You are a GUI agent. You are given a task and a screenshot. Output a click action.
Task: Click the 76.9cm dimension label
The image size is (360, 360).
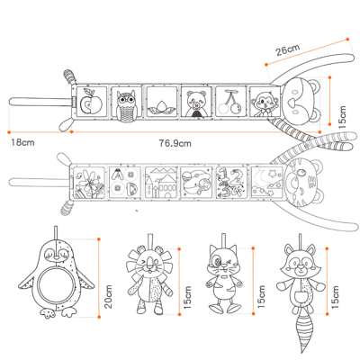pos(175,143)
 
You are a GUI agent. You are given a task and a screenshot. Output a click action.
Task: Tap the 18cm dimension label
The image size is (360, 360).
pos(22,142)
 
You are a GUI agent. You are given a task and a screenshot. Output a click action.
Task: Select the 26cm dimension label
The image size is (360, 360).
pos(288,49)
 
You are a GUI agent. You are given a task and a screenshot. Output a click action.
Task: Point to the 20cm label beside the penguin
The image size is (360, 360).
pos(108,296)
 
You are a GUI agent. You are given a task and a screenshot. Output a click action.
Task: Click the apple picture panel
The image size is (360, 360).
pos(92,102)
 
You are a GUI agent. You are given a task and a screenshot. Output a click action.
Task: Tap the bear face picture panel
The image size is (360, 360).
pos(196,102)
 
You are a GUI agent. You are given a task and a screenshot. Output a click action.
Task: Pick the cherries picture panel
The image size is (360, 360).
pos(230,102)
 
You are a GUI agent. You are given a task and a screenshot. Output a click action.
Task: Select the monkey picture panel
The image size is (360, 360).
pos(264,102)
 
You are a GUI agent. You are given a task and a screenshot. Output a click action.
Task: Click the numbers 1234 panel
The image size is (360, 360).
pos(231,182)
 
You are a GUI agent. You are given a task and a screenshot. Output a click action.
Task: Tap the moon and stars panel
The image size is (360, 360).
pos(266,182)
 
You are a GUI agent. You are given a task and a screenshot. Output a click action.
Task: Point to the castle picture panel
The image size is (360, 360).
pos(161,182)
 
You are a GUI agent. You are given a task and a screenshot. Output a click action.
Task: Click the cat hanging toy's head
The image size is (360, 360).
pos(222,259)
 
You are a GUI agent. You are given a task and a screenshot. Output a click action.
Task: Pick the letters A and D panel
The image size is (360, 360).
pos(125,182)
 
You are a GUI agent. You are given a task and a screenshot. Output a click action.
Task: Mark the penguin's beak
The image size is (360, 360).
pos(55,256)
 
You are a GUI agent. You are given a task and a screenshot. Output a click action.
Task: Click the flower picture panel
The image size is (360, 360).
pos(89,182)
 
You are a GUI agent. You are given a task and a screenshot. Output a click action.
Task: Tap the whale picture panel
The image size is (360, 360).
pos(196,182)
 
